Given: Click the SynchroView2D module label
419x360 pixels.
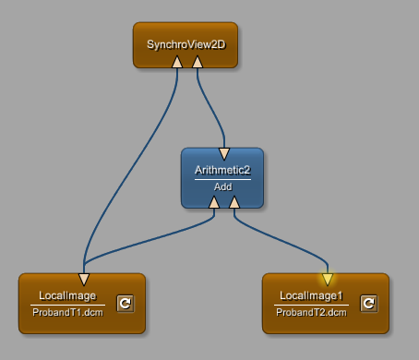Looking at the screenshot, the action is (186, 44).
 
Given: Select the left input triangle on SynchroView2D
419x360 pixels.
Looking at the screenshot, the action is (177, 62).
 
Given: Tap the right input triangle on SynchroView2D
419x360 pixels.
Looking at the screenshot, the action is (198, 62).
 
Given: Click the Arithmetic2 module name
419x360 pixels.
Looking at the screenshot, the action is (222, 170).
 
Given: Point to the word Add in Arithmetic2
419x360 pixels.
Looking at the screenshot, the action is (223, 186).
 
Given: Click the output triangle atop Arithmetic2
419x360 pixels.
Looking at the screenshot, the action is (224, 154).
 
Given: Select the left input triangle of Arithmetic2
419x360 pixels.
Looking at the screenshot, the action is (214, 202).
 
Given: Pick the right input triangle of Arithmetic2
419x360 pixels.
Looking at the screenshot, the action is (234, 202).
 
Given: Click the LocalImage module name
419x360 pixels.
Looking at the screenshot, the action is (67, 295).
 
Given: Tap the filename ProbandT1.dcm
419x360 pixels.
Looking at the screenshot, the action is (67, 312).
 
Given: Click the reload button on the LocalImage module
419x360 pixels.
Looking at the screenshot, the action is (126, 304).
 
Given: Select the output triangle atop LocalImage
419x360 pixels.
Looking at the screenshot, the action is (84, 280).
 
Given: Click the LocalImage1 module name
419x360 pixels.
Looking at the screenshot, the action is (311, 295).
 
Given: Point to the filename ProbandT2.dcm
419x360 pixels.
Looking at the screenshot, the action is (311, 312).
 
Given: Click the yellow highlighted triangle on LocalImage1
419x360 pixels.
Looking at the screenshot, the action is (328, 280).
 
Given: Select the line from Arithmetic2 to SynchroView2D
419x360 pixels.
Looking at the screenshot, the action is (211, 108).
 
